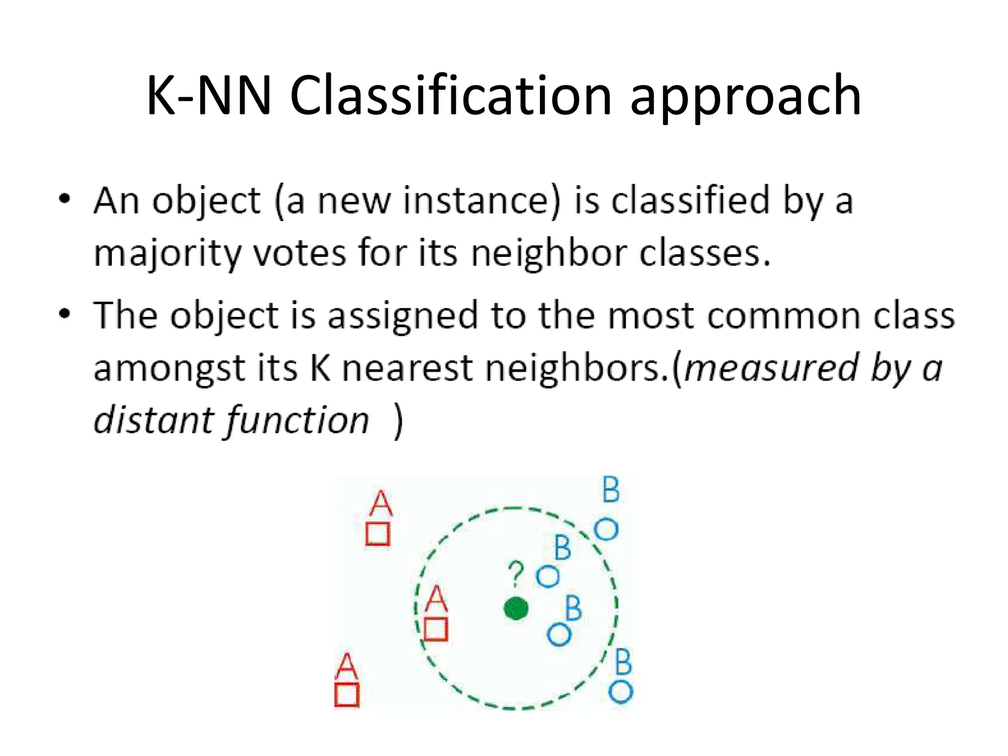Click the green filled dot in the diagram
pyautogui.click(x=516, y=608)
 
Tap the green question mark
pyautogui.click(x=516, y=573)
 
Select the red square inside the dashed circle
pyautogui.click(x=436, y=629)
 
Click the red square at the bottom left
pyautogui.click(x=347, y=694)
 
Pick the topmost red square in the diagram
pyautogui.click(x=378, y=534)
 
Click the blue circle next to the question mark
pyautogui.click(x=548, y=576)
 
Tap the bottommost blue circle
pyautogui.click(x=621, y=692)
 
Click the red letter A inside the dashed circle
pyautogui.click(x=436, y=599)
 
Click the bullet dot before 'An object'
pyautogui.click(x=64, y=199)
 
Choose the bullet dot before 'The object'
pyautogui.click(x=64, y=314)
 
